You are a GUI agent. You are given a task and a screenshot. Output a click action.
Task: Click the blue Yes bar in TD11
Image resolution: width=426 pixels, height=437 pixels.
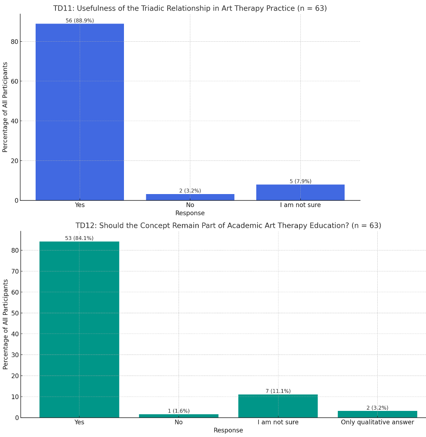[80, 112]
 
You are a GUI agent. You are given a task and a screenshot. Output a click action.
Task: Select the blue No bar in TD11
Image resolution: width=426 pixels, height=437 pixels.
[190, 197]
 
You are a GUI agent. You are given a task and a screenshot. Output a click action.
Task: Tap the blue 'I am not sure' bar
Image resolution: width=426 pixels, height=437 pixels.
[300, 192]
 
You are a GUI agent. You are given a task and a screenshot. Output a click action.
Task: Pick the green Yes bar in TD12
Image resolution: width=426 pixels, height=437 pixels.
[79, 329]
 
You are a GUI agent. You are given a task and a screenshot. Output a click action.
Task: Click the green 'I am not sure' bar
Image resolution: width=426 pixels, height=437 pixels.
[278, 406]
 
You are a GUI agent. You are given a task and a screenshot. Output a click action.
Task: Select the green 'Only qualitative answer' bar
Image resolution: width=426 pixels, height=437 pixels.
[377, 414]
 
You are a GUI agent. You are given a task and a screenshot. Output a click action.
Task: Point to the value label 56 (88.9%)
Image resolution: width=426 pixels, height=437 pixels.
[80, 21]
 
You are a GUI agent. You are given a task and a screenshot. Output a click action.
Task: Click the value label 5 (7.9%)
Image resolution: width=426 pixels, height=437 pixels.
[300, 181]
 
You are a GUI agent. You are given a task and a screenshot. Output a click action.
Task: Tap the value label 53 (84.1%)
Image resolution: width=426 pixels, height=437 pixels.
[79, 238]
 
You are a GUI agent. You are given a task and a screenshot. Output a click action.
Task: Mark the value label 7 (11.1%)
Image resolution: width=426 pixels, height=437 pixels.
[278, 391]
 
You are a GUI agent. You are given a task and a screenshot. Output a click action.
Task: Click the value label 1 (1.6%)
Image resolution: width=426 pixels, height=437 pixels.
[179, 411]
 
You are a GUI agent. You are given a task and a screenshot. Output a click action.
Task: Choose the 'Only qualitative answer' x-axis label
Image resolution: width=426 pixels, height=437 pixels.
[377, 422]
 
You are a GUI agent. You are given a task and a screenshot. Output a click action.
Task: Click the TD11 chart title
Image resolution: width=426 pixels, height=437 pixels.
[190, 8]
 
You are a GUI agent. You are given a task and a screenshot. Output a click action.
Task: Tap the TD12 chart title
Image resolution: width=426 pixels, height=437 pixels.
[228, 226]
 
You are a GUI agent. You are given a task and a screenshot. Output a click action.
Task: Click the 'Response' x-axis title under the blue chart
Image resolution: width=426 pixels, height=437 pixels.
[190, 213]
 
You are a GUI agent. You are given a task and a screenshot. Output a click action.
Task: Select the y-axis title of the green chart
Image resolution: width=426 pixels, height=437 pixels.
[5, 324]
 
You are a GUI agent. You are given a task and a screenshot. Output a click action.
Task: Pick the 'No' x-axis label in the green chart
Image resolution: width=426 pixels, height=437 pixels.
[179, 422]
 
